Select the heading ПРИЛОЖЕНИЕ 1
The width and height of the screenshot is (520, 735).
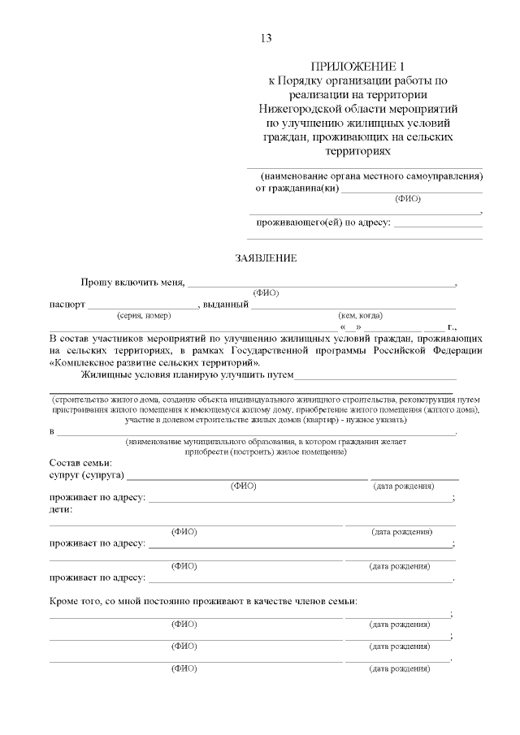point(357,67)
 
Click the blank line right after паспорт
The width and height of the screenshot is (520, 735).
point(142,306)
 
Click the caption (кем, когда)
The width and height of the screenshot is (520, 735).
point(360,315)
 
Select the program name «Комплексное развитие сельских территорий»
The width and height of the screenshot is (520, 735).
point(154,362)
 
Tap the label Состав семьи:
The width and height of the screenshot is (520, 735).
point(76,462)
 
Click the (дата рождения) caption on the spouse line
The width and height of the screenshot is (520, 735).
point(403,486)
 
